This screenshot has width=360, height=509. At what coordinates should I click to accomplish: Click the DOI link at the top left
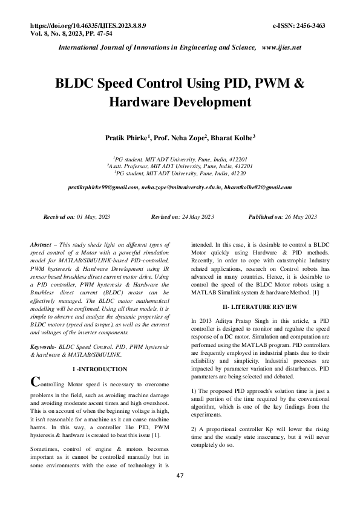click(87, 27)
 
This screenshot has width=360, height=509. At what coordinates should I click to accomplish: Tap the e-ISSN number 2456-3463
click(309, 27)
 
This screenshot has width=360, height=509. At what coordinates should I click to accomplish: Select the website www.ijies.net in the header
click(281, 47)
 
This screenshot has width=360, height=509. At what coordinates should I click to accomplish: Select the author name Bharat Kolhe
click(232, 138)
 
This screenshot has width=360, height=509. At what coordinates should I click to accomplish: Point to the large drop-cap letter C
click(35, 382)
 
